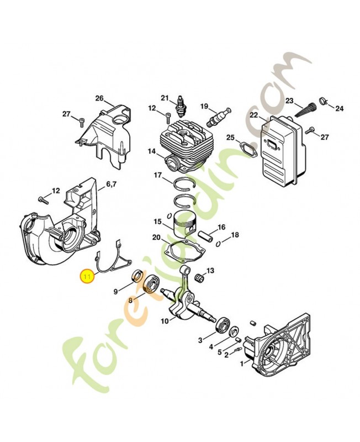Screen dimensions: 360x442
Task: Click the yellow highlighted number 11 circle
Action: coord(87,276)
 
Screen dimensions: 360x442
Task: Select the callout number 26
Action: coord(99,98)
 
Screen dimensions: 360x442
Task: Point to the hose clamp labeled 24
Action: coord(324,101)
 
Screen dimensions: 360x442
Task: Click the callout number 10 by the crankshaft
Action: coord(165,321)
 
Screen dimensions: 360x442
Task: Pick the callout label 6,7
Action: coord(112,184)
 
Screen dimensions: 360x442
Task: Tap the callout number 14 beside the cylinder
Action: coord(152,151)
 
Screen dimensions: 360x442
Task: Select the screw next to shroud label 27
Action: coord(81,120)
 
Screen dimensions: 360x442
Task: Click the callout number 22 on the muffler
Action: coord(254,115)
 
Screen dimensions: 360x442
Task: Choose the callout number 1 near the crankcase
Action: coord(241,364)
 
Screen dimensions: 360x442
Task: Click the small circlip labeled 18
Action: coord(219,244)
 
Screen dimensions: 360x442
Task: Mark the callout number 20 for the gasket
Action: coord(156,238)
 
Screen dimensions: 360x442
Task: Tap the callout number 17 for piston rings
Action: coord(158,175)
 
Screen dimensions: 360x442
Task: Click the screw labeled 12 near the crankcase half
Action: coord(43,199)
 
